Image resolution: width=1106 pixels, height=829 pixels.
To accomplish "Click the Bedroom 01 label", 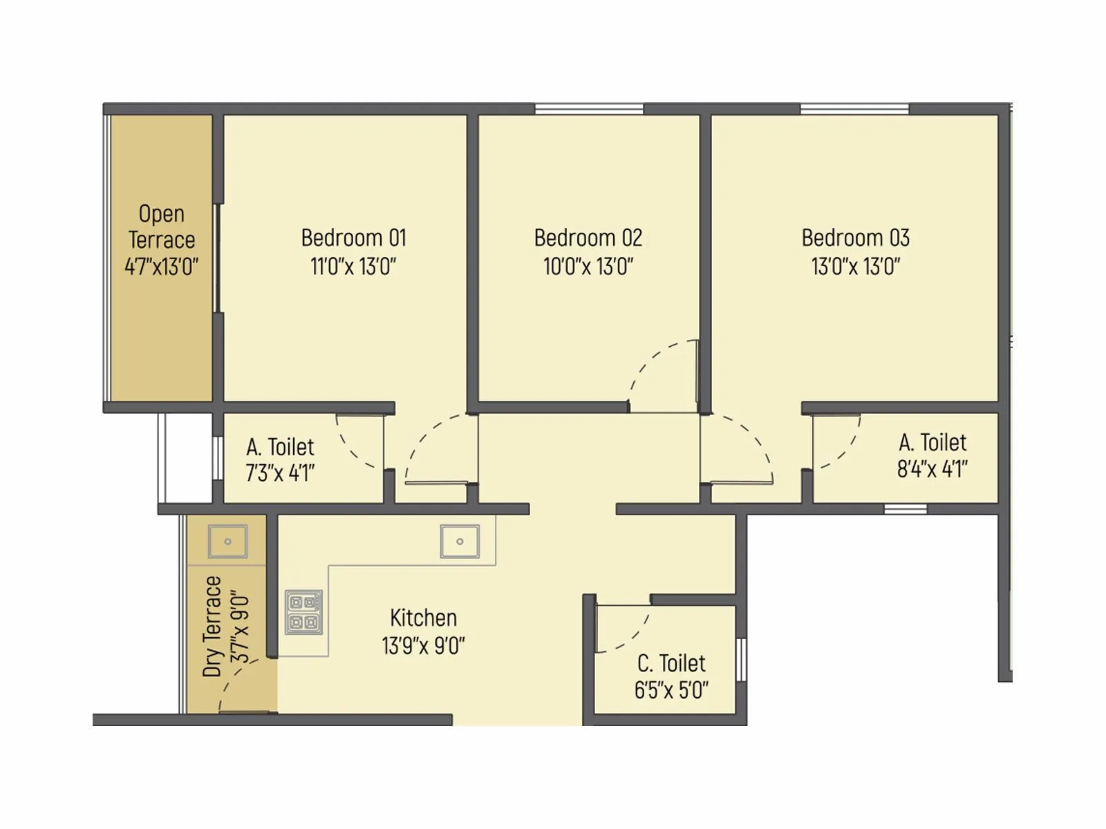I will pyautogui.click(x=353, y=238).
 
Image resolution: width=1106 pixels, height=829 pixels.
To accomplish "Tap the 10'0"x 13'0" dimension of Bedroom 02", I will pyautogui.click(x=588, y=266).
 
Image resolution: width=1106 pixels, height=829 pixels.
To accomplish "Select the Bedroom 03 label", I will pyautogui.click(x=855, y=238).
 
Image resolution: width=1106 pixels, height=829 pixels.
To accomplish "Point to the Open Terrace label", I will pyautogui.click(x=162, y=227).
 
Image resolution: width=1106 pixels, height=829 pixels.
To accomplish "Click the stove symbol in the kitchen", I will pyautogui.click(x=304, y=612).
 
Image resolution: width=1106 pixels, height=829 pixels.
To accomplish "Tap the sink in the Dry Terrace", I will pyautogui.click(x=227, y=541).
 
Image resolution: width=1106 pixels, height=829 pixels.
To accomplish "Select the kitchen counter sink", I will pyautogui.click(x=460, y=541).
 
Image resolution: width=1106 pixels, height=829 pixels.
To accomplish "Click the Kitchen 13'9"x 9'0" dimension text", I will pyautogui.click(x=423, y=646).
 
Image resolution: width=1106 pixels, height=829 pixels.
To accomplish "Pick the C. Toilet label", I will pyautogui.click(x=671, y=663).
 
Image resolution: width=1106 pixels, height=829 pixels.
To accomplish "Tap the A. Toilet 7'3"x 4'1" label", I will pyautogui.click(x=280, y=460).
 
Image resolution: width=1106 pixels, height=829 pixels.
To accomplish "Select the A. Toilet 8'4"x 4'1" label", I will pyautogui.click(x=932, y=456).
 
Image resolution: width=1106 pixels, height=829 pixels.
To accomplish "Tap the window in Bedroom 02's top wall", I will pyautogui.click(x=589, y=109).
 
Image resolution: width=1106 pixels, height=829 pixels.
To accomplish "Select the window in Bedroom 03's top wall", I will pyautogui.click(x=854, y=109).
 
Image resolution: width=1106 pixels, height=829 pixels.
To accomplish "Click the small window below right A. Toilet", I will pyautogui.click(x=906, y=509).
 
